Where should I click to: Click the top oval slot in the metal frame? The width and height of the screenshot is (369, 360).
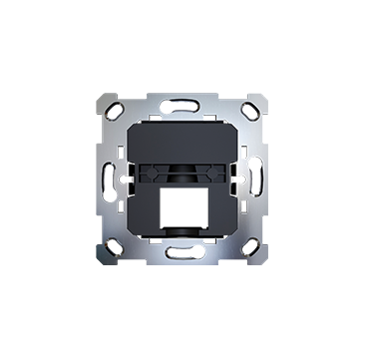click(x=184, y=103)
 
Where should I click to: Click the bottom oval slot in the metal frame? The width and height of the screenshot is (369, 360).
click(x=184, y=256)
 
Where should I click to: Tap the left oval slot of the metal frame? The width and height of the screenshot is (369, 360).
click(x=107, y=180)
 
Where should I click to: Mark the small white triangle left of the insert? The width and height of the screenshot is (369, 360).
click(x=127, y=180)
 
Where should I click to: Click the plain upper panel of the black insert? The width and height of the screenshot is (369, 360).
click(x=184, y=135)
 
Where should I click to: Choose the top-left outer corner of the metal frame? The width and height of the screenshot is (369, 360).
click(x=98, y=95)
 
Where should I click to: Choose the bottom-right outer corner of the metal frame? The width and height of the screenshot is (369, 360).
click(x=270, y=264)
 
